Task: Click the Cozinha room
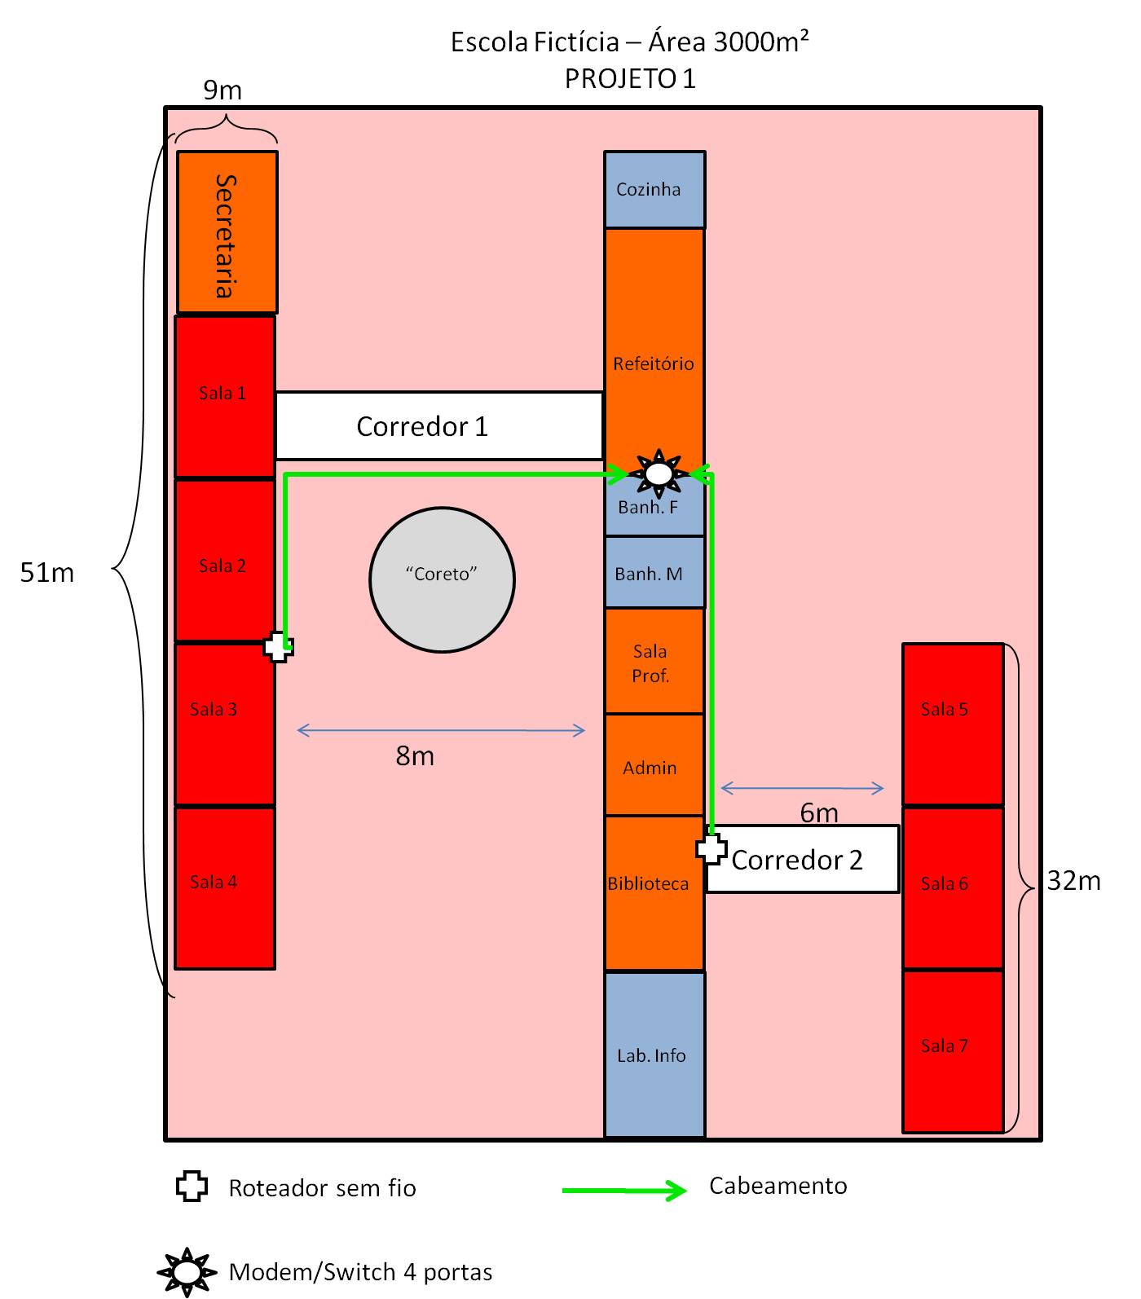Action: click(x=654, y=190)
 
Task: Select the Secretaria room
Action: click(x=227, y=232)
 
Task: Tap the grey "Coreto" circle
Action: click(x=442, y=579)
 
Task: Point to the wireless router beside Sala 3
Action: click(x=279, y=648)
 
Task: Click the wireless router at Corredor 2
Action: click(x=711, y=848)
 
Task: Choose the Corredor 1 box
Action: click(x=438, y=426)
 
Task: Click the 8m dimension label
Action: click(x=415, y=756)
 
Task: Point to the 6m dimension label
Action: click(x=818, y=812)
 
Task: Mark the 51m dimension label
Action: click(x=47, y=573)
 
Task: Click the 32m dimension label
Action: click(x=1073, y=881)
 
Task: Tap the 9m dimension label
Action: click(x=222, y=90)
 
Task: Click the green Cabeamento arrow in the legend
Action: click(x=624, y=1191)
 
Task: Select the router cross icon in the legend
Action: click(x=192, y=1187)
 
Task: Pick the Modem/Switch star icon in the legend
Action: click(x=187, y=1271)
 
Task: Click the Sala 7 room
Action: click(x=952, y=1050)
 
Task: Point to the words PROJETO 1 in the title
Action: click(x=630, y=78)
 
